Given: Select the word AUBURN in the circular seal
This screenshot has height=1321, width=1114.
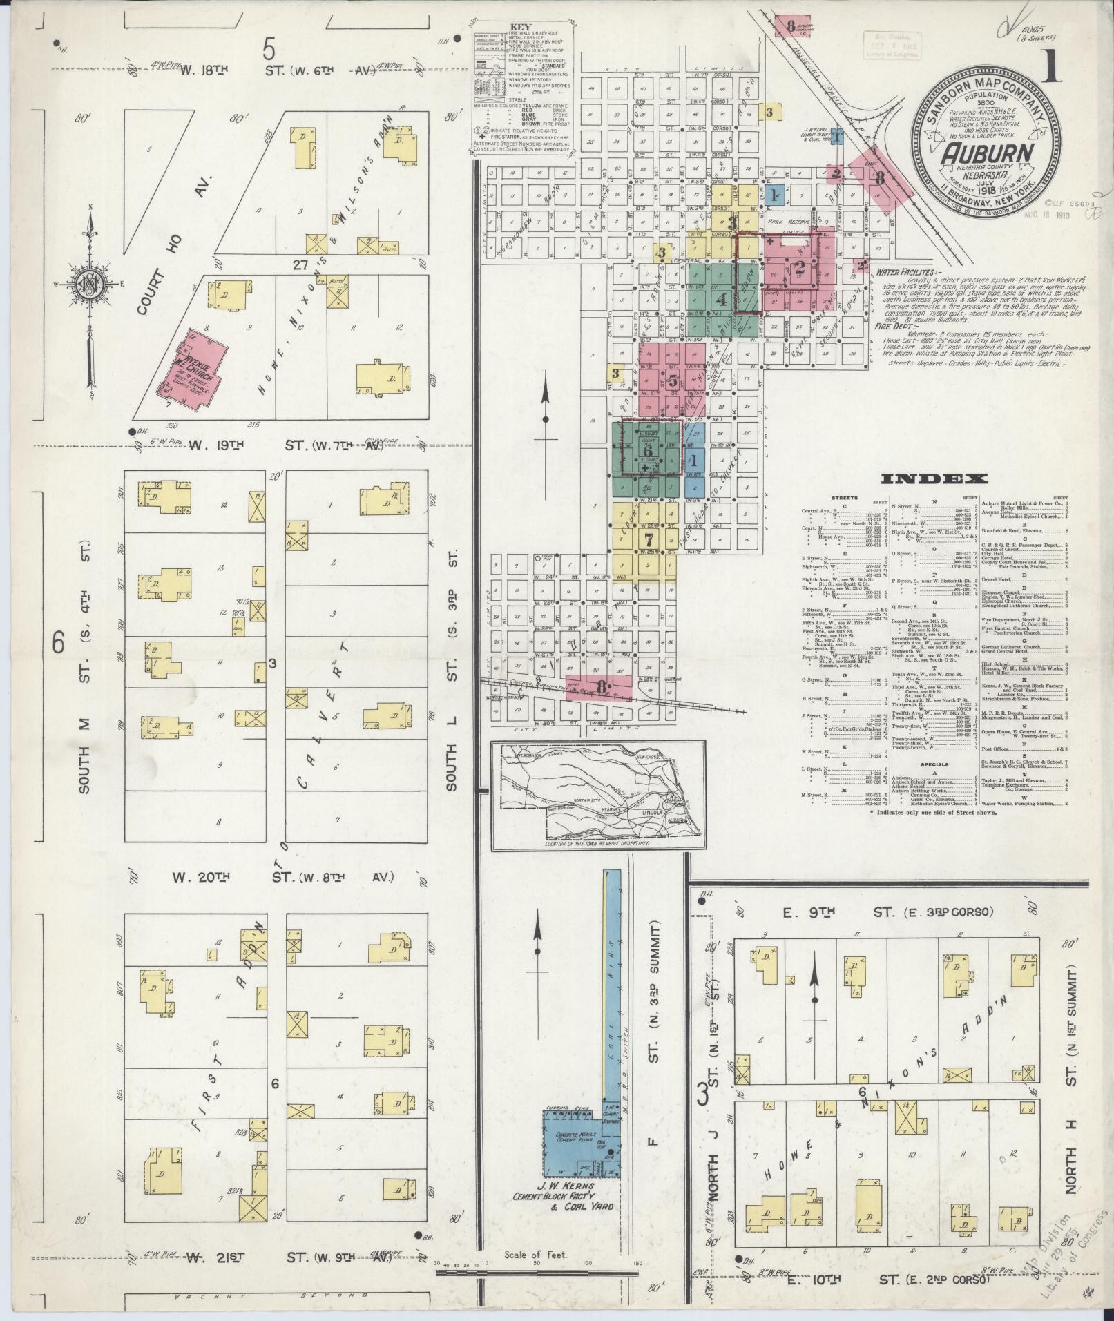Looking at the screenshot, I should click(x=986, y=153).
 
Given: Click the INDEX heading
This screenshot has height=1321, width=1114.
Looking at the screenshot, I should click(x=934, y=479).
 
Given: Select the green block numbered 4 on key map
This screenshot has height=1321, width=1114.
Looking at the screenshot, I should click(x=702, y=300).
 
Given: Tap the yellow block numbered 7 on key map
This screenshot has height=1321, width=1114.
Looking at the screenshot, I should click(x=647, y=539).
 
